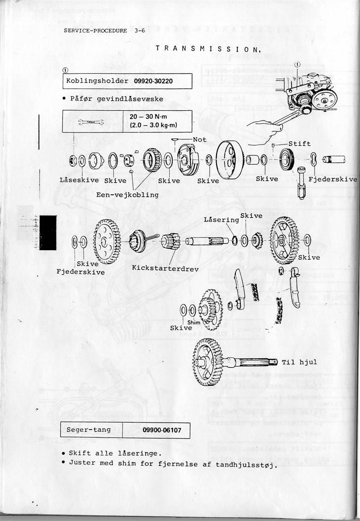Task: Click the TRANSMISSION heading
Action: click(x=208, y=48)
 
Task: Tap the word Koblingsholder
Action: click(x=97, y=81)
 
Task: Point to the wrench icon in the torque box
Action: click(x=91, y=122)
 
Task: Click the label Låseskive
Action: click(x=79, y=180)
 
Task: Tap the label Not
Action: click(x=199, y=140)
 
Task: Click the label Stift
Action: click(x=299, y=144)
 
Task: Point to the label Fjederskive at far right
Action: click(x=332, y=179)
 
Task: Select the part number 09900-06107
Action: click(x=161, y=430)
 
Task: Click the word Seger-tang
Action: click(x=89, y=430)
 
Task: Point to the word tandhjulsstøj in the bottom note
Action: click(x=246, y=465)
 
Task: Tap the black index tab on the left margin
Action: click(x=48, y=232)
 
